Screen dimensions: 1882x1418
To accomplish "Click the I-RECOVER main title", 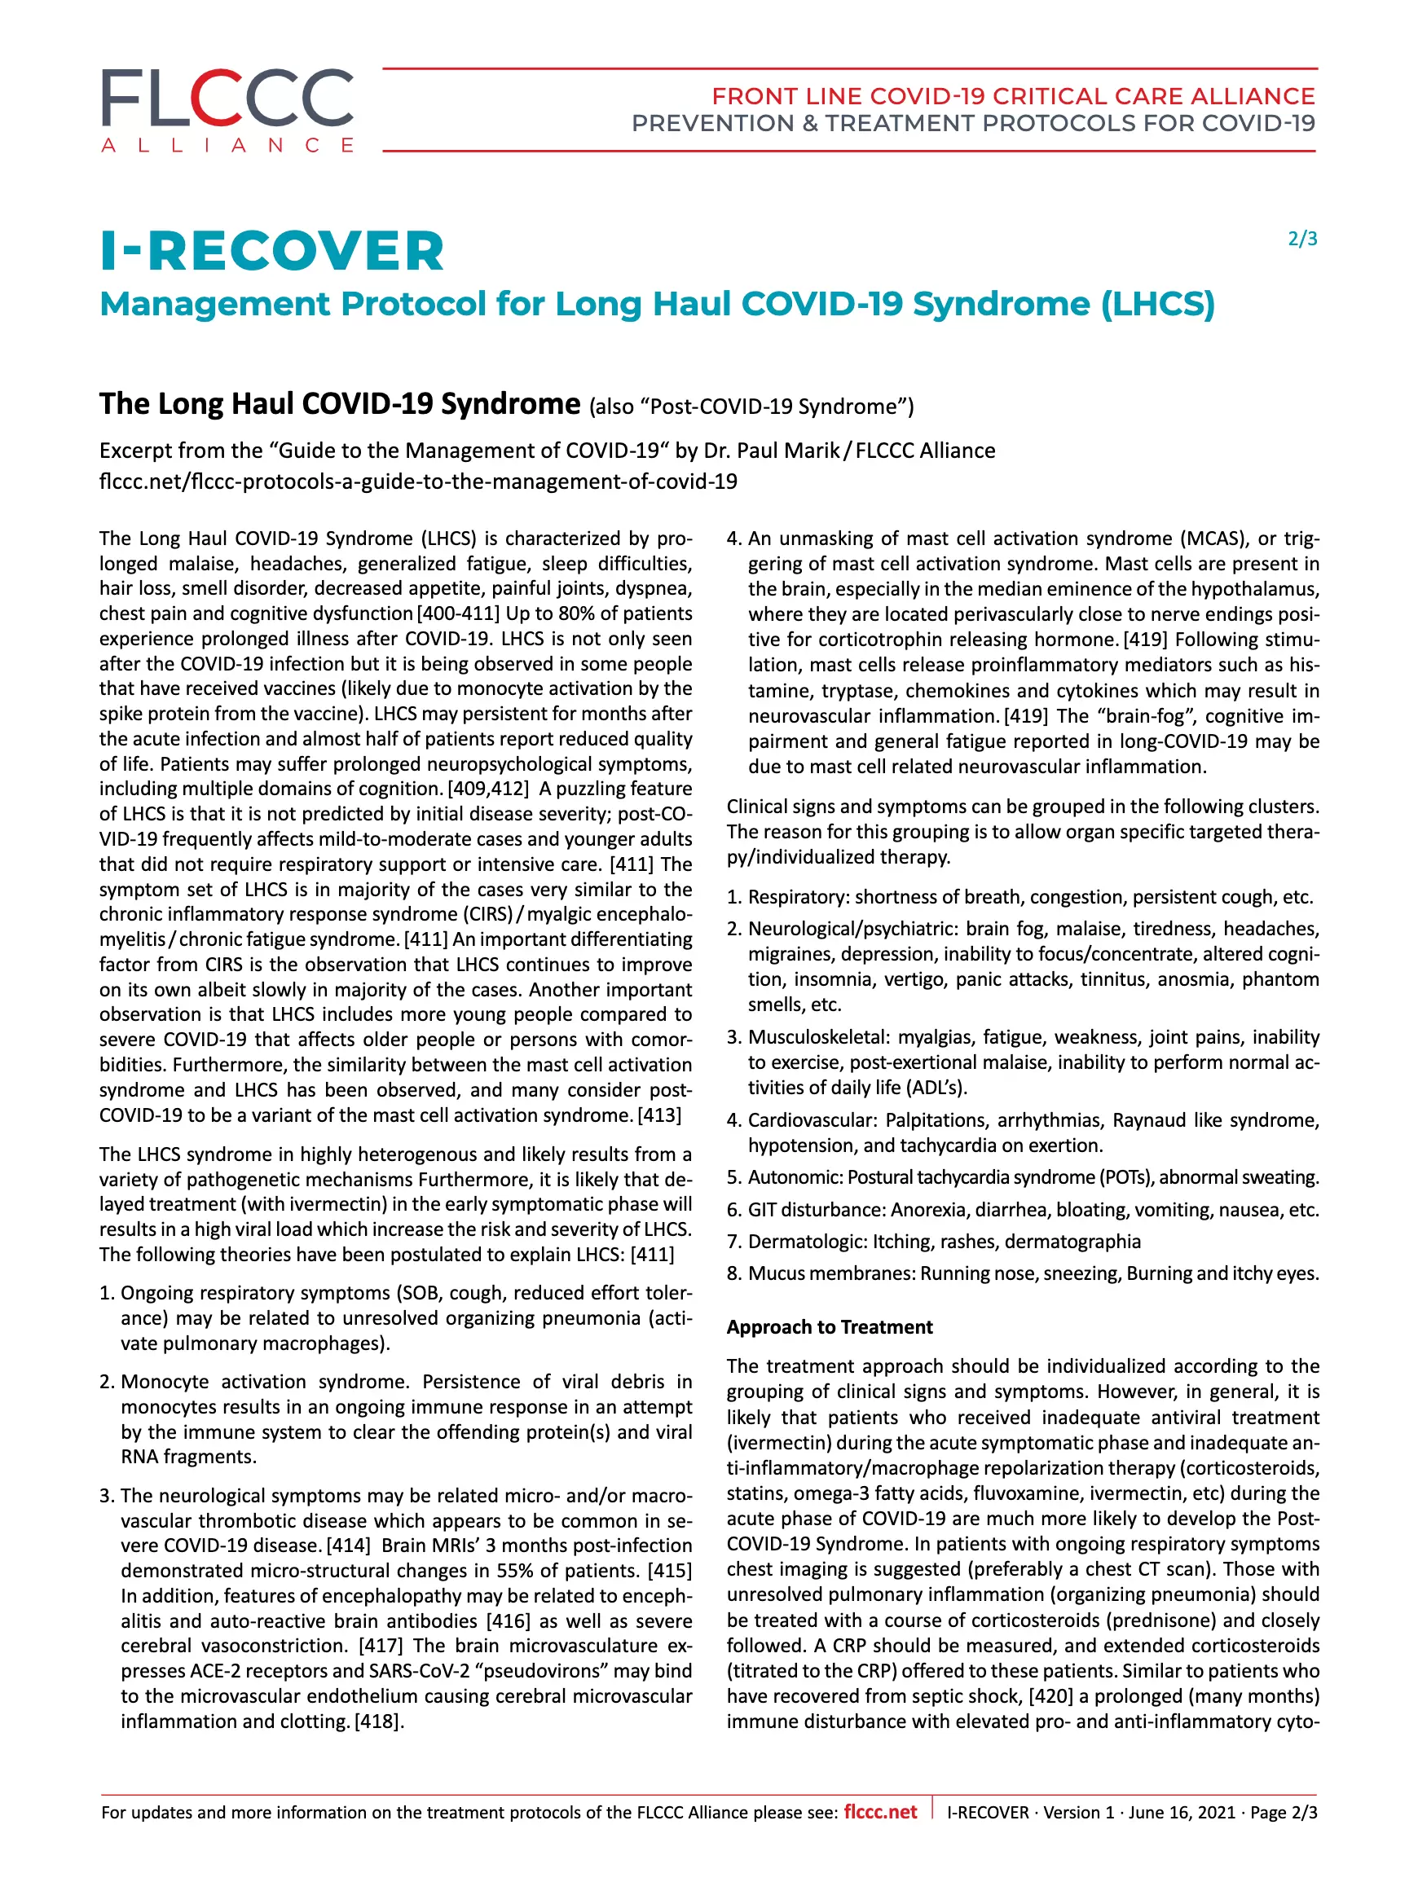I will point(272,252).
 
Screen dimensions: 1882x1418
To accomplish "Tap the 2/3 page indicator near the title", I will point(1302,239).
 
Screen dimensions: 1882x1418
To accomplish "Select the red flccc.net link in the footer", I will point(880,1811).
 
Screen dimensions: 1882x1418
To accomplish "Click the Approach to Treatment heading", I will point(829,1327).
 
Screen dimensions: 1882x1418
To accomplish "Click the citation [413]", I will point(659,1115).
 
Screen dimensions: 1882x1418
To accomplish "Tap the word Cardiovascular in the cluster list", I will point(812,1120).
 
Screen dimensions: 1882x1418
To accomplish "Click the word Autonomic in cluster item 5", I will point(794,1177).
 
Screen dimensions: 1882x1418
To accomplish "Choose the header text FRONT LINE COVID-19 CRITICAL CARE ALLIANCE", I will point(1013,96).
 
